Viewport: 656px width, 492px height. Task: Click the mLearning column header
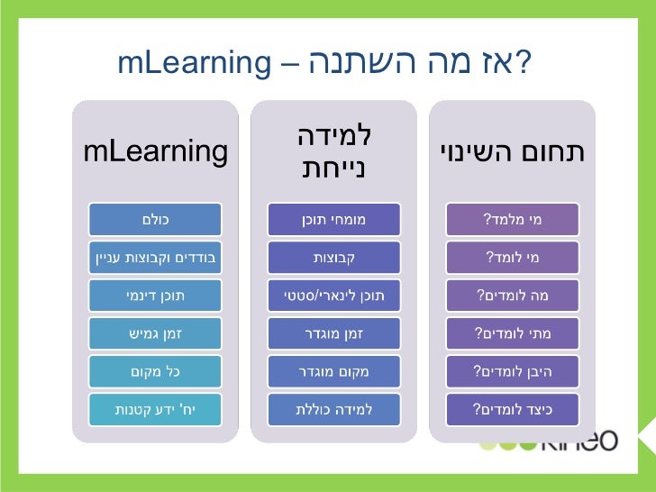pos(155,152)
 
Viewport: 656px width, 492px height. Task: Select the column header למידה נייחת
pos(333,152)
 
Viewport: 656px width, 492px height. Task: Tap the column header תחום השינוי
pos(512,152)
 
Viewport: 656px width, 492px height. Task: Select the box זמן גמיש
pos(155,333)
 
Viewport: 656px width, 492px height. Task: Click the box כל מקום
pos(155,371)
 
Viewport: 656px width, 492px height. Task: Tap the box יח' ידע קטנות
pos(155,409)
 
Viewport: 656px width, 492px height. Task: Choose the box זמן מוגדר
pos(333,333)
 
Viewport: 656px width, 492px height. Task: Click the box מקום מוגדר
pos(333,371)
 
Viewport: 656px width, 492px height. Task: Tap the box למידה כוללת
pos(333,409)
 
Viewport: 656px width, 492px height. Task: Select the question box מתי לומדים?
pos(512,333)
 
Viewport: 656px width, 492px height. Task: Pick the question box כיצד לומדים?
pos(512,409)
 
